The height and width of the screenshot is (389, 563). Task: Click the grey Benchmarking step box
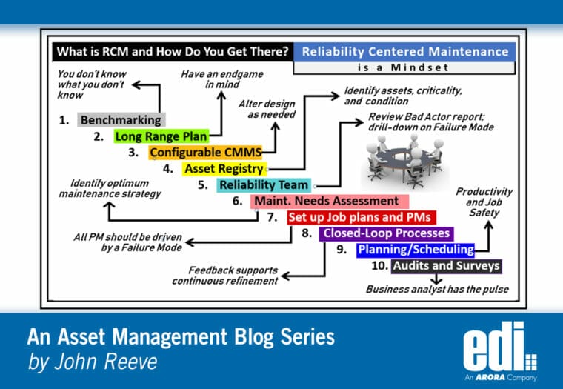tap(121, 120)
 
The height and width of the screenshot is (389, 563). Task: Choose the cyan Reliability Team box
tap(264, 185)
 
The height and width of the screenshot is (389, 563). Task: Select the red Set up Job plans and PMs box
tap(361, 217)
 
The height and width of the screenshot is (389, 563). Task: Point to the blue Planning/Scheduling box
tap(416, 250)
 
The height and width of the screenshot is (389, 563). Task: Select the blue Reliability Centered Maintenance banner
tap(404, 52)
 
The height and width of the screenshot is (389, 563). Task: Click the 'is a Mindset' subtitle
tap(404, 67)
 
